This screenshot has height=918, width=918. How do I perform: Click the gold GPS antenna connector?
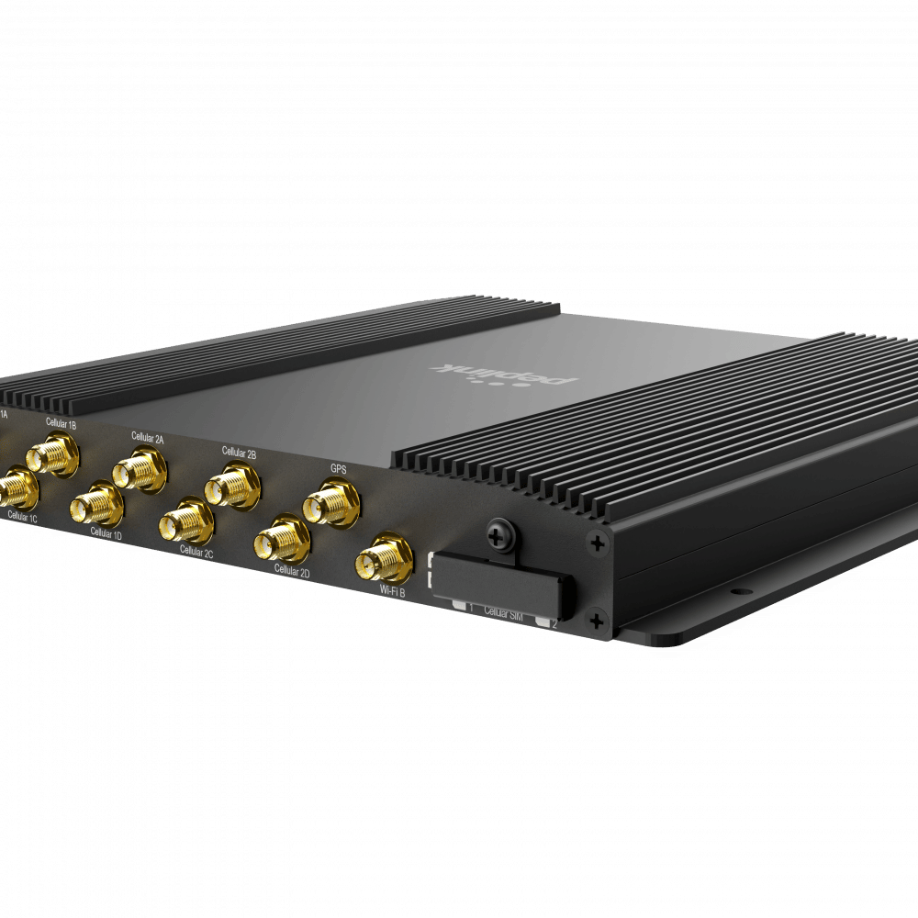click(x=329, y=504)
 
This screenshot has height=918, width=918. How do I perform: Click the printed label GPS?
click(x=339, y=468)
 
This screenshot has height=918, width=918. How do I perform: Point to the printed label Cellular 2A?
click(x=147, y=438)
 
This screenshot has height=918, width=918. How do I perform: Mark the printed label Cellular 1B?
click(x=61, y=421)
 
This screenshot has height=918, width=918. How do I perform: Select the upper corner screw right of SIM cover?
click(x=597, y=544)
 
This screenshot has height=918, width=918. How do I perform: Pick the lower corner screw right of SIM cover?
click(x=598, y=617)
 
